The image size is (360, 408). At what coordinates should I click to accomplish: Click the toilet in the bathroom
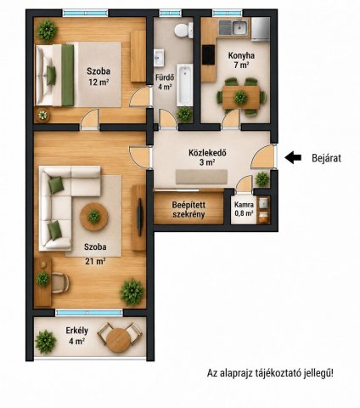coord(183,30)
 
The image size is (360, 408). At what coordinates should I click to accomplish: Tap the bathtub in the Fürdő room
coord(184,85)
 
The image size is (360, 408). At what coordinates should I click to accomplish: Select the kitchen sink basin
coord(240,27)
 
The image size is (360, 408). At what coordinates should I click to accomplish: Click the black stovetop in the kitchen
coord(209,55)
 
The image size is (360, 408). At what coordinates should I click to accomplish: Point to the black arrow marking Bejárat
coord(293,157)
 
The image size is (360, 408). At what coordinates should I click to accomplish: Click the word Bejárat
coord(326,158)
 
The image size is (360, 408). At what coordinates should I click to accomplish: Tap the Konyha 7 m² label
coord(241,60)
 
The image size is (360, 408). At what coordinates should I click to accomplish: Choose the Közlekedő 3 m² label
coord(207,157)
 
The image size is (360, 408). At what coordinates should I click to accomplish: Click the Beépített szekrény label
coord(188,209)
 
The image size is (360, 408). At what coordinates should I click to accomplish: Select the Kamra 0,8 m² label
coord(244,209)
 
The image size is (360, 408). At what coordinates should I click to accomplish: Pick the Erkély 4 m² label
coord(76,336)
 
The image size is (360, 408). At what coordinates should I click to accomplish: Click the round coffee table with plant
coord(94,217)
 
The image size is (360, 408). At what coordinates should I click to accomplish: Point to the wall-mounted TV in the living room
coord(139,217)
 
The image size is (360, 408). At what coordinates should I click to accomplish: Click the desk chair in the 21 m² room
coord(60,282)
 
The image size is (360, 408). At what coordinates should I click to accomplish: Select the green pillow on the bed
coord(51,75)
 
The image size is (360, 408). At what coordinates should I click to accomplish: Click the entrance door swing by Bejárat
coord(263,156)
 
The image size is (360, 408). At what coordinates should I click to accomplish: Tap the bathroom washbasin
coord(159,58)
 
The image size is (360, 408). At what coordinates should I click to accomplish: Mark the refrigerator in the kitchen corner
coord(260,28)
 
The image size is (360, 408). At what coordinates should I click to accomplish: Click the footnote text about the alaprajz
coord(270,373)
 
